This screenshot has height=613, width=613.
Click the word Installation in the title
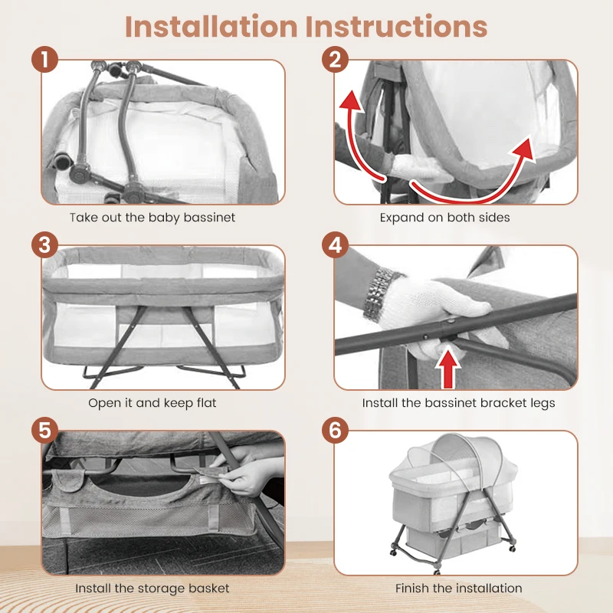(x=211, y=26)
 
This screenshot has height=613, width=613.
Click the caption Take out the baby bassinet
(x=152, y=218)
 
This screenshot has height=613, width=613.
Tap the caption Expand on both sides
(x=444, y=218)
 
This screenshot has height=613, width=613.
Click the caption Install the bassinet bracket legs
(x=458, y=403)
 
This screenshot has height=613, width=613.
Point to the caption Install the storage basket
(x=152, y=588)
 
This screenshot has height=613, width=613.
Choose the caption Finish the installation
(x=458, y=588)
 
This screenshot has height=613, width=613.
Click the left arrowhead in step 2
(x=350, y=100)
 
